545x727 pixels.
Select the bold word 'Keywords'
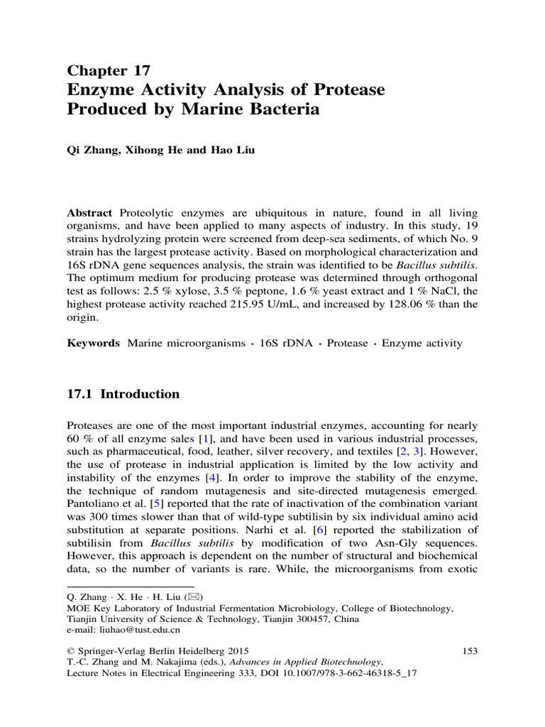(x=94, y=344)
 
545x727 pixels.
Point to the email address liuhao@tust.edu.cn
(x=133, y=629)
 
